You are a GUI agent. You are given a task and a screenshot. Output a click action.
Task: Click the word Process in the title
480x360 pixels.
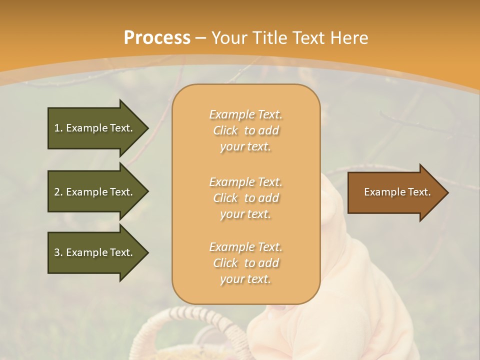157,38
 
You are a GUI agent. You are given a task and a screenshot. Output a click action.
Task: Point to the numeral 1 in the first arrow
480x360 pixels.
57,128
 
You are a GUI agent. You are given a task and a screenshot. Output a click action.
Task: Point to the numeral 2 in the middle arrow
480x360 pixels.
57,192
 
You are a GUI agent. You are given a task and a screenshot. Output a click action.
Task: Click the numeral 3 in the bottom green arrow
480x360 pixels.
57,252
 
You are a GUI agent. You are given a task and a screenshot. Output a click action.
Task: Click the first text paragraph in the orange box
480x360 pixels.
245,130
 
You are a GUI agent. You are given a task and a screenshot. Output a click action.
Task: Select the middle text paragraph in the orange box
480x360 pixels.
245,198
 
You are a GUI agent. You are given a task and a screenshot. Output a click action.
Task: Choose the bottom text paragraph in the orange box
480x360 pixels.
245,263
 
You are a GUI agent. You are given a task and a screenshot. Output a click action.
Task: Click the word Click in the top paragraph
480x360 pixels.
225,130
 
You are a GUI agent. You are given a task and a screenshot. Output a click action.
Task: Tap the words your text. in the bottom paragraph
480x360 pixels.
245,279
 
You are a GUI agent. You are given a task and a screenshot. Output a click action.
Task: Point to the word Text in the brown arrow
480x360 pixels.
419,192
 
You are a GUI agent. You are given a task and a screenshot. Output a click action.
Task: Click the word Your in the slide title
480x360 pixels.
230,38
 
